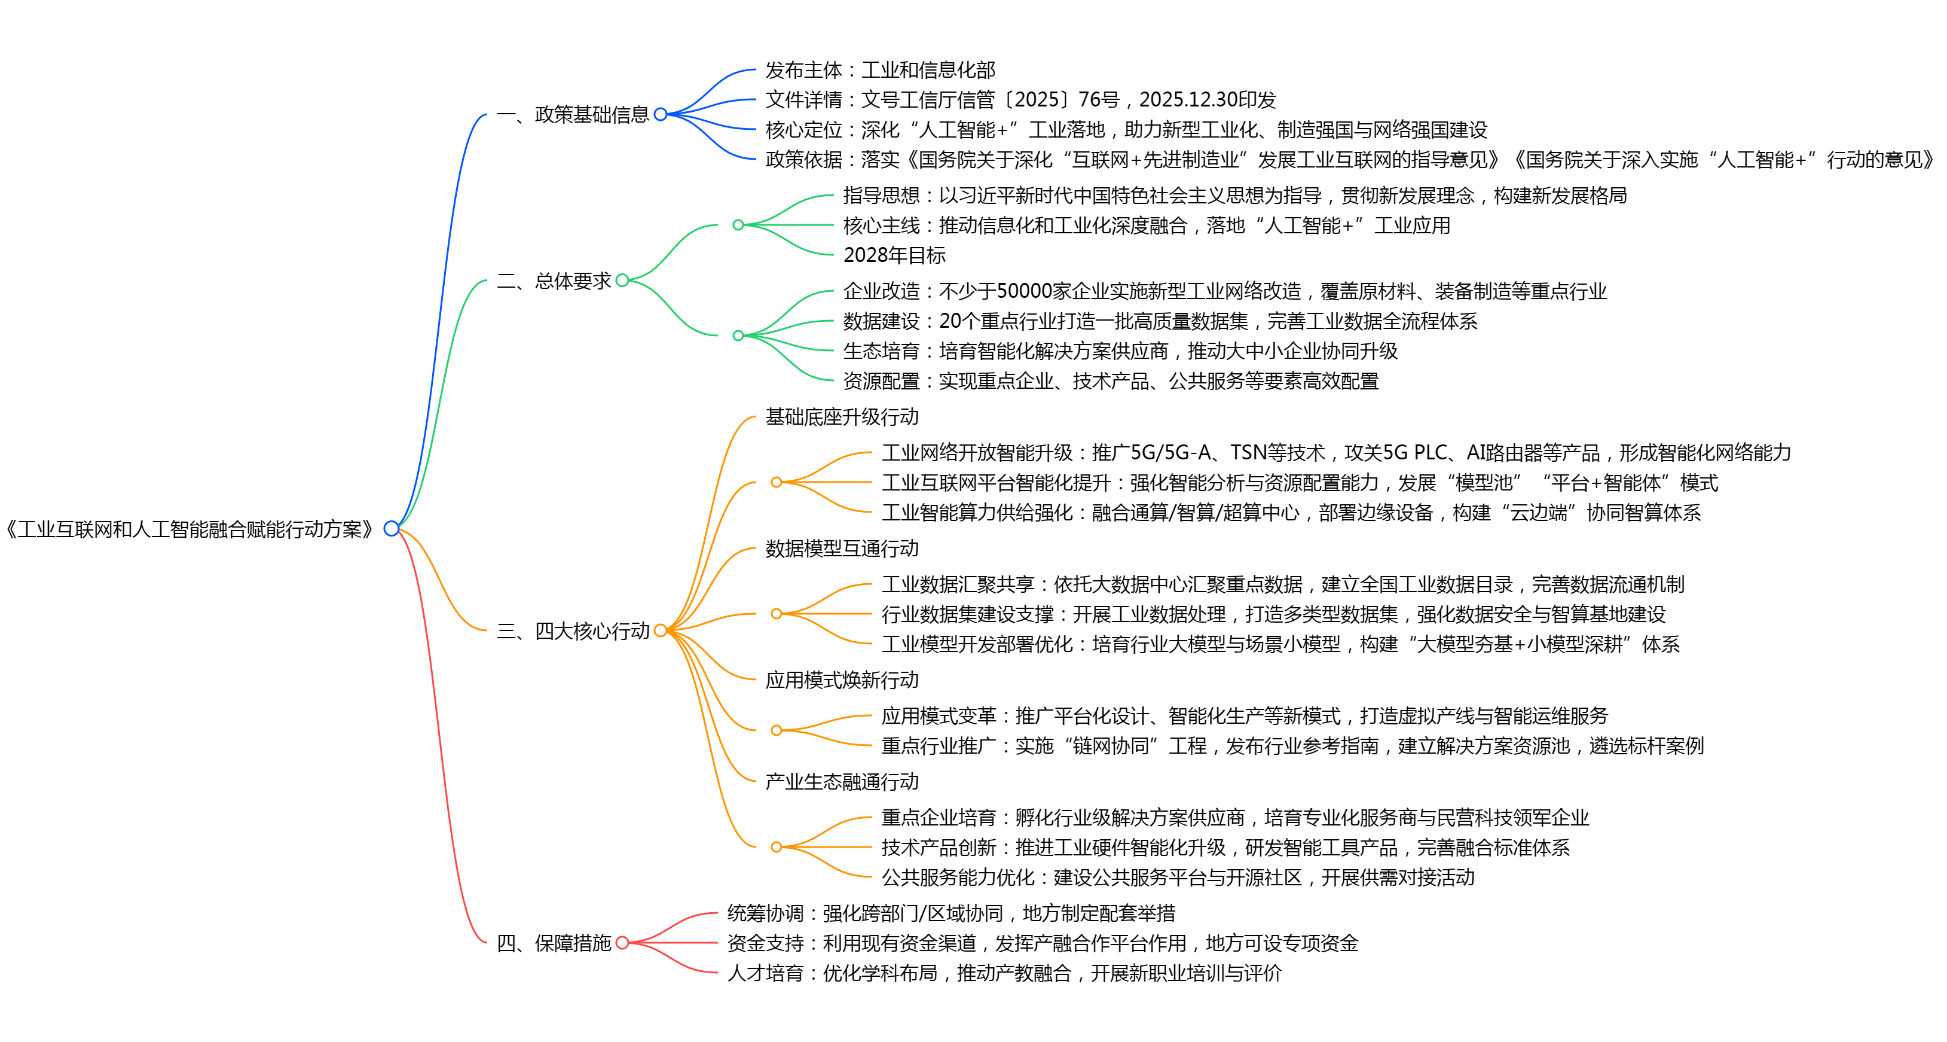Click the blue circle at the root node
391,529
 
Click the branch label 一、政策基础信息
573,115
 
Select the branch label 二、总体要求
554,281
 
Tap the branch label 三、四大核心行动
573,630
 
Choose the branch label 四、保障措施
554,943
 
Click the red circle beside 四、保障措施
622,943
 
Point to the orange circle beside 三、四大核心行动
660,630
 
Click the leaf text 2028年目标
894,255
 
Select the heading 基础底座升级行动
842,417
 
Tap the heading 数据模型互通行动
842,549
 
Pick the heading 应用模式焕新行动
842,680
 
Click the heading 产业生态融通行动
842,781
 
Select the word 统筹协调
765,913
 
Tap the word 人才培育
765,973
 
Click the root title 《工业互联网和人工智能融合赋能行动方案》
189,529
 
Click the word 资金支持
765,943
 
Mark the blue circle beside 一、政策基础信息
661,114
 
